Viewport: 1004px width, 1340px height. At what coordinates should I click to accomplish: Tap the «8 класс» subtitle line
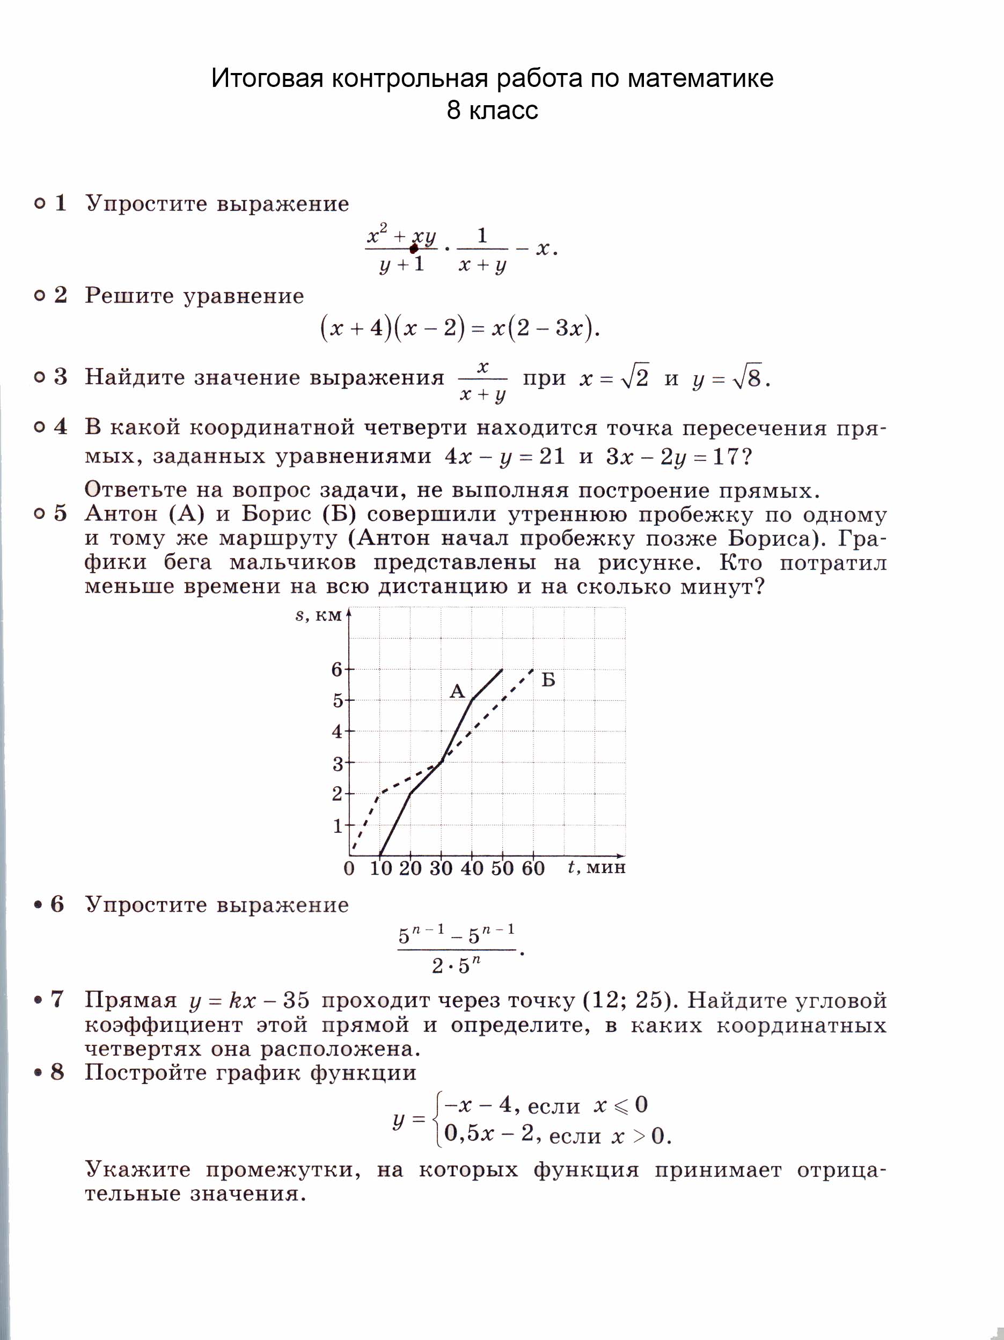pyautogui.click(x=492, y=110)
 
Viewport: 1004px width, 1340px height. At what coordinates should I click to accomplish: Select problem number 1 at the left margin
pyautogui.click(x=61, y=203)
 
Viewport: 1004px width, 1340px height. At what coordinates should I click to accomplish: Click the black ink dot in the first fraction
pyautogui.click(x=414, y=248)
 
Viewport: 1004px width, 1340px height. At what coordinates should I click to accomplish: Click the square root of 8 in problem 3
pyautogui.click(x=746, y=377)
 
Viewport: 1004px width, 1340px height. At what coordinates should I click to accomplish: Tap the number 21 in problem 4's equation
pyautogui.click(x=552, y=456)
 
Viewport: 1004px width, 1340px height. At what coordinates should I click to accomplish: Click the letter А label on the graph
pyautogui.click(x=457, y=691)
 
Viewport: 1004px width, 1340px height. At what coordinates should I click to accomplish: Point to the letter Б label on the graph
pyautogui.click(x=548, y=680)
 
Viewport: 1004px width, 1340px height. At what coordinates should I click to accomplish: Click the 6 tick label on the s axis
pyautogui.click(x=337, y=669)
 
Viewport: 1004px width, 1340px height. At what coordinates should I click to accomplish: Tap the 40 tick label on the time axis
pyautogui.click(x=471, y=868)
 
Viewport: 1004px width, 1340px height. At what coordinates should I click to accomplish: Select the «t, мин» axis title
pyautogui.click(x=596, y=867)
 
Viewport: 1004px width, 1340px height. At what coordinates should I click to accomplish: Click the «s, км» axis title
pyautogui.click(x=318, y=616)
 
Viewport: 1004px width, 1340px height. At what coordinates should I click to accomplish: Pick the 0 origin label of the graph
pyautogui.click(x=349, y=868)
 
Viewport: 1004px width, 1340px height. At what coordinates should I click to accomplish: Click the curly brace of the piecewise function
pyautogui.click(x=438, y=1120)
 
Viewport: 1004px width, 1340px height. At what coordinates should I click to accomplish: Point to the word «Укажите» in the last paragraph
pyautogui.click(x=137, y=1169)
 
